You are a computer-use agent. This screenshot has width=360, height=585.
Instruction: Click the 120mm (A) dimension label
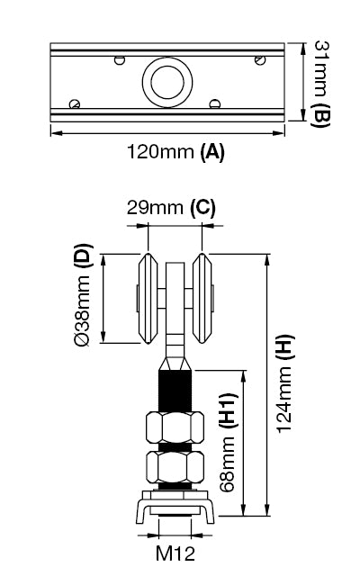coord(176,152)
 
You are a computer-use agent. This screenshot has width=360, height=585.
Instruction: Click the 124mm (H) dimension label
coord(285,385)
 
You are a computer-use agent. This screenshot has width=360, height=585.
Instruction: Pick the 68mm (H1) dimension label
coord(229,441)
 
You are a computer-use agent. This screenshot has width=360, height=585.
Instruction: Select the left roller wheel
coord(146,301)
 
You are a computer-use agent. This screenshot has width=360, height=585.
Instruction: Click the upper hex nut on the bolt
coord(173,425)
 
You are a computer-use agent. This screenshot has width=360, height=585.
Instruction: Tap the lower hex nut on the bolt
coord(173,466)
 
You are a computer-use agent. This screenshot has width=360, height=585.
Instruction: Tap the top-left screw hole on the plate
coord(119,61)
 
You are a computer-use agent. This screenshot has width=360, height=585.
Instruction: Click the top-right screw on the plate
coord(259,61)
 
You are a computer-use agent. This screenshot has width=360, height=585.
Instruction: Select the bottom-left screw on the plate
coord(76,104)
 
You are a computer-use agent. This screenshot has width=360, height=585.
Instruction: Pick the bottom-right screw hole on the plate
coord(214,103)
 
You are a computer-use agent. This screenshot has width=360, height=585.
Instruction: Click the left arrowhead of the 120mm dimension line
coord(53,132)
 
